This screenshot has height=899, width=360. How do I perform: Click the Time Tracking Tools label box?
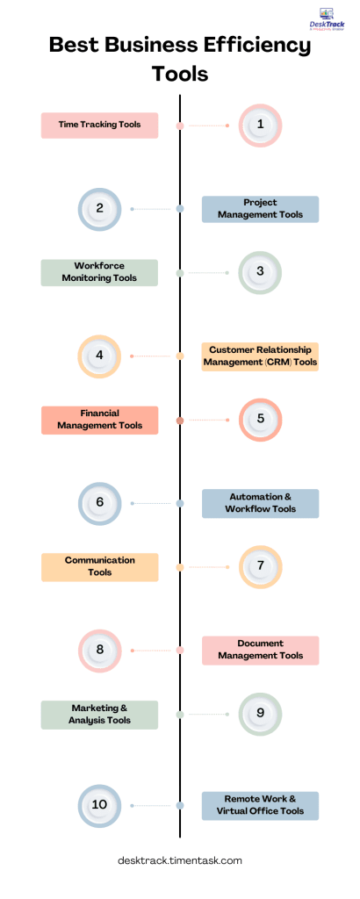(x=99, y=126)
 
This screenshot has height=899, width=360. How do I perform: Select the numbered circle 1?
(x=260, y=126)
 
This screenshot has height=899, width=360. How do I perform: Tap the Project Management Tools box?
(x=260, y=209)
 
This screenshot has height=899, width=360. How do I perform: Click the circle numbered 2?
(x=99, y=209)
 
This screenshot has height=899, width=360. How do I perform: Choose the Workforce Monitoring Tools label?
(x=99, y=272)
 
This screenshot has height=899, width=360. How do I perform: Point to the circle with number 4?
(x=99, y=356)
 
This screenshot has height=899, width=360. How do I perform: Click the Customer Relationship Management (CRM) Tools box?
(x=260, y=356)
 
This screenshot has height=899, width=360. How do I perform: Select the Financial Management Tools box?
(x=99, y=420)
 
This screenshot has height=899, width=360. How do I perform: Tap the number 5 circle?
(x=260, y=420)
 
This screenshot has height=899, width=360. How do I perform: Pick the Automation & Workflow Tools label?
(x=260, y=504)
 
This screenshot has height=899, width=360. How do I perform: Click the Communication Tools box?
(x=99, y=567)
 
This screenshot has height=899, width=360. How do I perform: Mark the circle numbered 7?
(x=260, y=567)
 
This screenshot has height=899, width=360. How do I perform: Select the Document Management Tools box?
(x=260, y=651)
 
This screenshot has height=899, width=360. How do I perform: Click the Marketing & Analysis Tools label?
(x=99, y=715)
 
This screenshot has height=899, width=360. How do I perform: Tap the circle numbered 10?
(x=99, y=805)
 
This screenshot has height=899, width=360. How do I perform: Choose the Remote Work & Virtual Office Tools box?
(x=260, y=805)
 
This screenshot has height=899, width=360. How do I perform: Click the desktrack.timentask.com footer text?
(x=179, y=861)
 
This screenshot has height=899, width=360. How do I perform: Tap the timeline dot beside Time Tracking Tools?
(x=180, y=126)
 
